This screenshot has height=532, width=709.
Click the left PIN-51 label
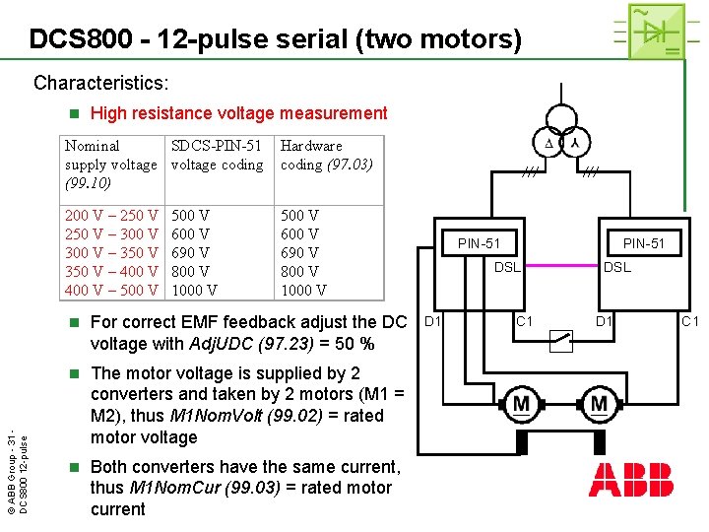point(479,243)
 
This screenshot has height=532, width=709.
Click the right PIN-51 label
point(644,243)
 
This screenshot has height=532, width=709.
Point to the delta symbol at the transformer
point(549,145)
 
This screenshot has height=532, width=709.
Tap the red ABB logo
point(631,477)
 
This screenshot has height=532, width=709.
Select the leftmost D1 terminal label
point(432,321)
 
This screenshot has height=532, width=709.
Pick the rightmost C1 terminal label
point(690,321)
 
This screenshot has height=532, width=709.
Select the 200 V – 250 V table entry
point(111,215)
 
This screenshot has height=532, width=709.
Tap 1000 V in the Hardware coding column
point(303,290)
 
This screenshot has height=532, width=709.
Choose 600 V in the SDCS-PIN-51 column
point(190,233)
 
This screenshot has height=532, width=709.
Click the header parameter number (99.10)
point(88,183)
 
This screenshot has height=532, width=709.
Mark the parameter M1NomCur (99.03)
point(213,488)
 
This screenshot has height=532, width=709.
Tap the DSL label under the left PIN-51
point(507,267)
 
